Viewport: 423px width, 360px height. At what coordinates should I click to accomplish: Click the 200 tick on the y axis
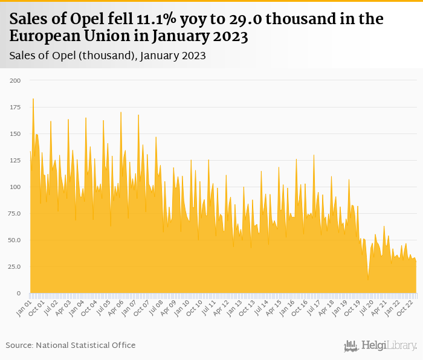point(15,80)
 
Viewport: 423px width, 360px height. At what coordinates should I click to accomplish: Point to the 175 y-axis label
point(15,107)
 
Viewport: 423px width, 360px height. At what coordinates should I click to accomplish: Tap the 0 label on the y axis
point(18,293)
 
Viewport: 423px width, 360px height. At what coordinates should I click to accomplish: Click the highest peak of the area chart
point(33,99)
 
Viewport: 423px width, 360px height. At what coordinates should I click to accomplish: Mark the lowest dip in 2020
point(367,279)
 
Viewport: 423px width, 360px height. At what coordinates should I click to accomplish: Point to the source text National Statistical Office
point(85,345)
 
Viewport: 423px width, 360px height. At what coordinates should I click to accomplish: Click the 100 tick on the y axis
point(15,187)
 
